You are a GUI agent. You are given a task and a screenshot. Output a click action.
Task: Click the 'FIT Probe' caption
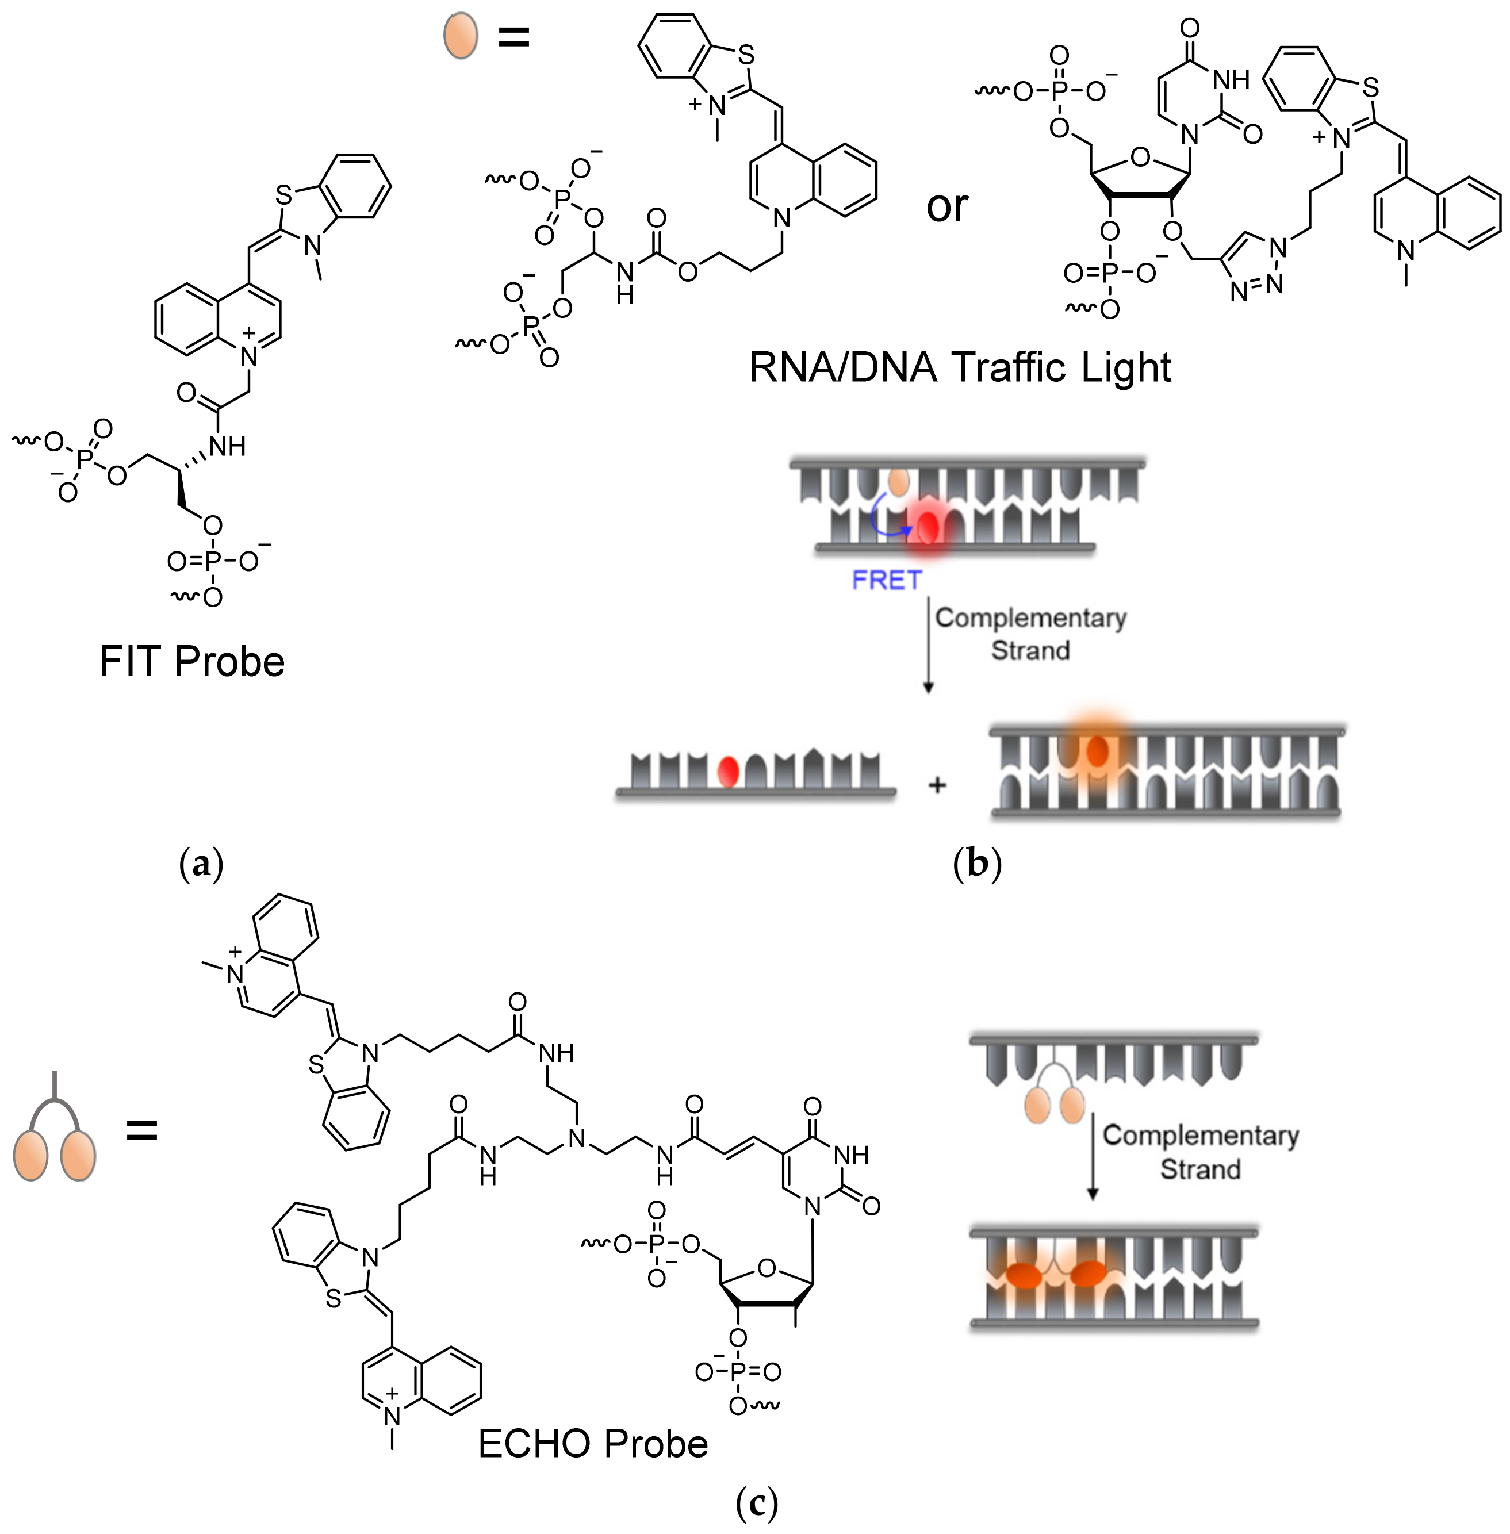(x=192, y=662)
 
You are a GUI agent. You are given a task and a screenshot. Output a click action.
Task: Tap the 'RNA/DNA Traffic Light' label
(x=960, y=367)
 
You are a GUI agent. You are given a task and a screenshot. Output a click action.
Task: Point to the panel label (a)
(x=201, y=864)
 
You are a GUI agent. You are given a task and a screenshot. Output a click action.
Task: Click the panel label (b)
(x=977, y=864)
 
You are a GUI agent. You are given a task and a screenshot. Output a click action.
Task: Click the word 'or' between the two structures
(x=947, y=206)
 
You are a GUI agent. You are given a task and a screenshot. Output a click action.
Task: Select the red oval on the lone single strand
(x=728, y=770)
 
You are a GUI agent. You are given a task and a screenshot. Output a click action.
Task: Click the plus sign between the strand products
(x=937, y=785)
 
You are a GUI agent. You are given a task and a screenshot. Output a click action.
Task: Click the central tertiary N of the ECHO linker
(x=577, y=1140)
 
